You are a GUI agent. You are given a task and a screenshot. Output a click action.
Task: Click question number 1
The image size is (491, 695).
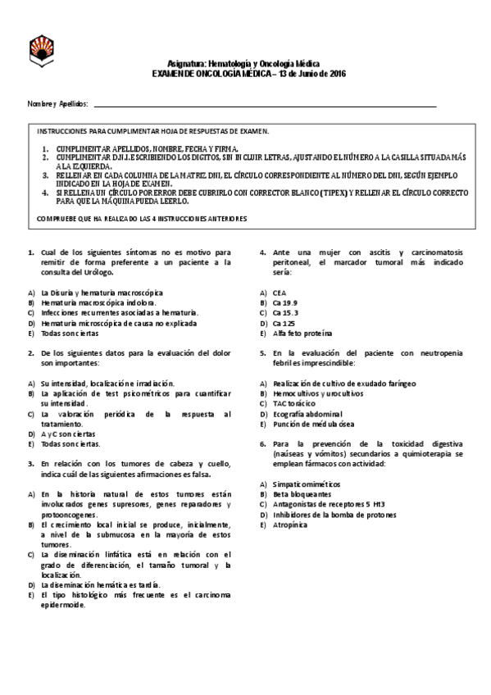[30, 252]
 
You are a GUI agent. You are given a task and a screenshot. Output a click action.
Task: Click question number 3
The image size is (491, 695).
[30, 463]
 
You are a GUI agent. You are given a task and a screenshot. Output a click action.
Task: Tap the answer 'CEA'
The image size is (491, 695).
[280, 293]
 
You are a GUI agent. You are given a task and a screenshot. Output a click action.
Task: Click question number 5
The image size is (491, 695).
[262, 352]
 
